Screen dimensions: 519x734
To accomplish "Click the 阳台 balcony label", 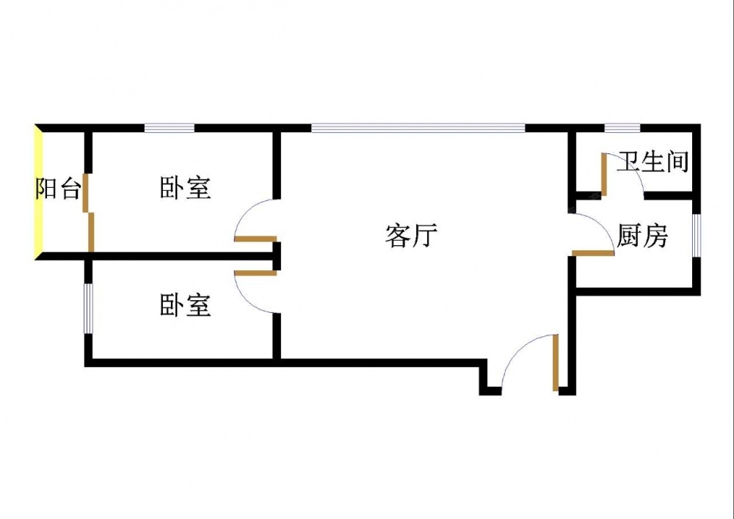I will coord(58,190).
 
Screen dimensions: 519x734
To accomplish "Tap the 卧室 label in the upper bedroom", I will coord(186,188).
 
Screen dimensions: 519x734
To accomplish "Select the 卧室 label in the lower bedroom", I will coord(186,305).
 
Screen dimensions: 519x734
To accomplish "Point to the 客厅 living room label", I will coord(411,236).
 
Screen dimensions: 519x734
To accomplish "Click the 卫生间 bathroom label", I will coord(653,161).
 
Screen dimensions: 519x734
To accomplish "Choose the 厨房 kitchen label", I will coord(642,236).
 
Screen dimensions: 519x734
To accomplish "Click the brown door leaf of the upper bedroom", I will coord(255,239).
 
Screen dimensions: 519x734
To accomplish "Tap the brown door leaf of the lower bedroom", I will coord(255,272).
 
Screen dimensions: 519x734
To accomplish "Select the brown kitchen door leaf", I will coord(593,253).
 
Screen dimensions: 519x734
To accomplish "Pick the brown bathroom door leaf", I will coord(603,174).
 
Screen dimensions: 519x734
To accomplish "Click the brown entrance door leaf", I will coord(556,362).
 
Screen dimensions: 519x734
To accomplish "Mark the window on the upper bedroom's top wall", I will coord(169,128).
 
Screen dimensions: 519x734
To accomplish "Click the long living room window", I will coord(418,128).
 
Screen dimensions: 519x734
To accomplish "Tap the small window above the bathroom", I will coord(622,128).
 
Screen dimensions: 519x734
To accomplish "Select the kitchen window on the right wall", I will coord(697,236).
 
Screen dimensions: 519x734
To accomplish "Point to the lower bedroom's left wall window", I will coord(88,308).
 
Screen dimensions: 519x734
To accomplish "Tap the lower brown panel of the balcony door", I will coord(91,232).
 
